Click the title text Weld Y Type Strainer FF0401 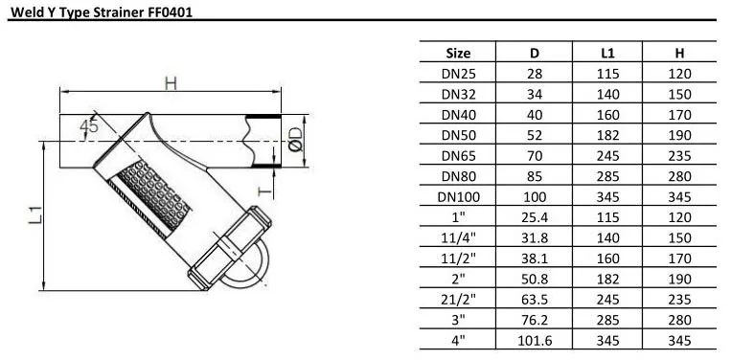[102, 12]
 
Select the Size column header [458, 53]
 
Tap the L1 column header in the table [607, 53]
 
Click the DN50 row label [458, 135]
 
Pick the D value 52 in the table [535, 135]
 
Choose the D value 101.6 [535, 341]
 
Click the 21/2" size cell [458, 300]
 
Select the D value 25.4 [535, 217]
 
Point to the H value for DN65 [679, 156]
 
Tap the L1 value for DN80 [607, 176]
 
